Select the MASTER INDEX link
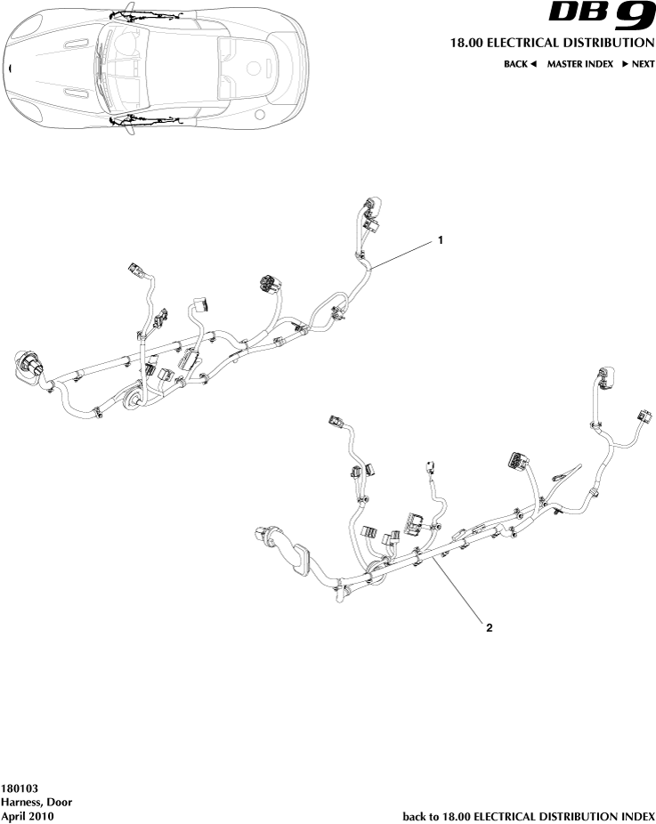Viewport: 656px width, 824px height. pos(579,64)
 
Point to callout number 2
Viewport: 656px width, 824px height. pos(489,626)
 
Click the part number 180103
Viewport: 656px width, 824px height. pos(20,788)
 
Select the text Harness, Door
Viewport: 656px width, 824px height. pos(36,802)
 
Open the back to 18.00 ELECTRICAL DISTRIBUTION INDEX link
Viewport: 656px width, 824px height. pos(529,815)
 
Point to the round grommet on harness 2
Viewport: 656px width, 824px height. pos(377,570)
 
